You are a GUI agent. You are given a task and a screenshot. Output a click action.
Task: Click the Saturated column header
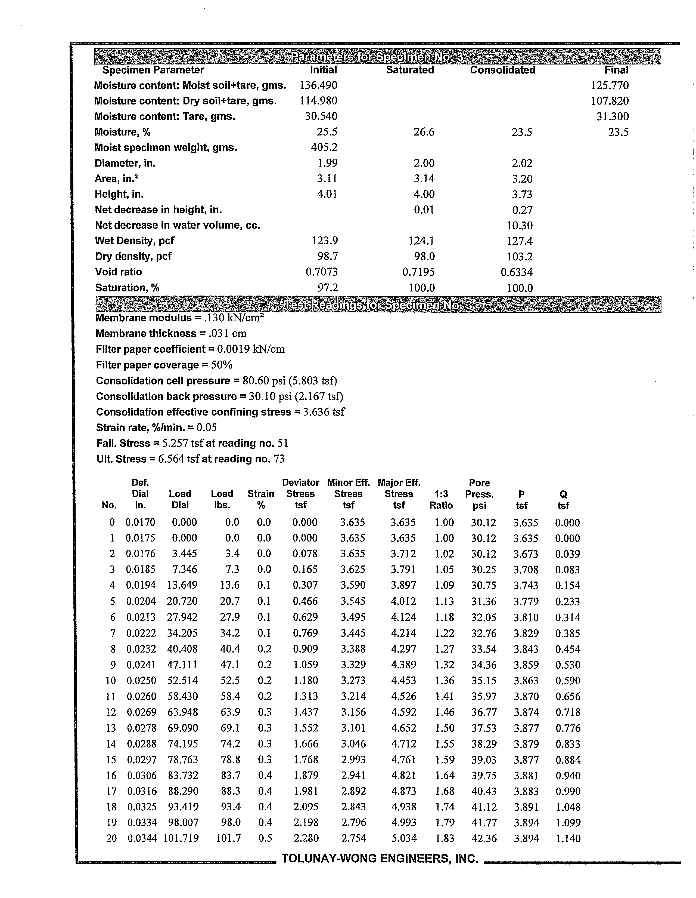pos(410,70)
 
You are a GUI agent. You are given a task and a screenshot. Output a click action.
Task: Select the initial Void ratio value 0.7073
pos(322,272)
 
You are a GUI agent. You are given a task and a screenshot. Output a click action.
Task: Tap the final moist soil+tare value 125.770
pos(610,85)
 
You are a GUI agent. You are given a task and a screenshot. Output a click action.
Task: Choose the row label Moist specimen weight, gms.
pos(166,147)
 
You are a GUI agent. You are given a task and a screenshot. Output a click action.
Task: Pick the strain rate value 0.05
pos(207,428)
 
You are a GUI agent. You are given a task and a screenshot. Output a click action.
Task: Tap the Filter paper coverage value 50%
pos(222,365)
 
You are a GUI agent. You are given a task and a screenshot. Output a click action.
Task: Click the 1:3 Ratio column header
pos(441,500)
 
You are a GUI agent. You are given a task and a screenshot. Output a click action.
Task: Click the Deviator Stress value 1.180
pos(306,681)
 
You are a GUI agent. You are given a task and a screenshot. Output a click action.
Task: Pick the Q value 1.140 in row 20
pos(568,838)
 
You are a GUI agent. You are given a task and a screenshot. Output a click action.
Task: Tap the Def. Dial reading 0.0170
pos(141,522)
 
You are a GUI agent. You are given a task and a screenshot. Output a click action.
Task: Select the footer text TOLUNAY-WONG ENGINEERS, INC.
pos(380,859)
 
